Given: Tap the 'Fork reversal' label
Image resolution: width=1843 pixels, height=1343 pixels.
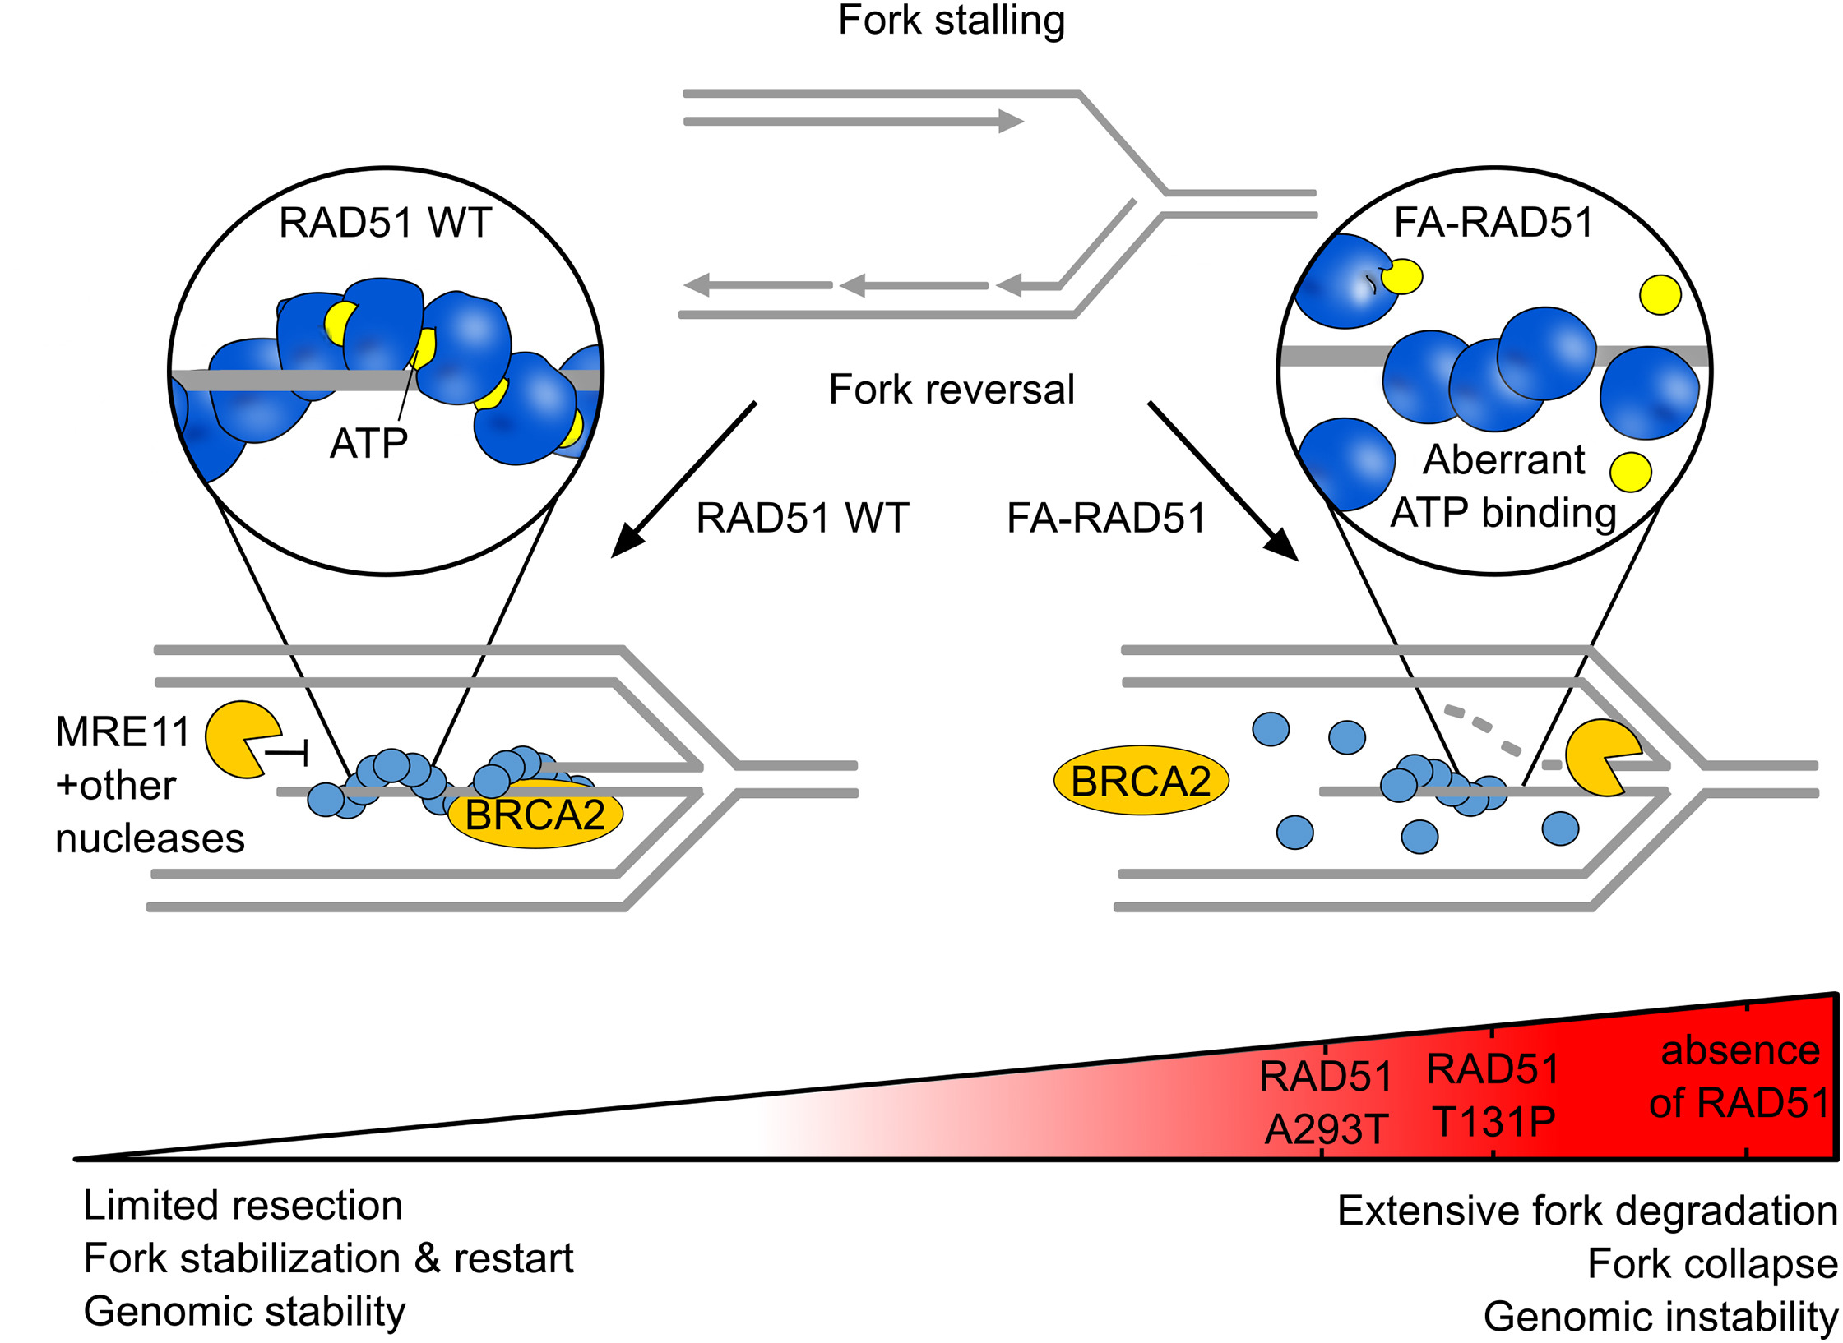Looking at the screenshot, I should (x=951, y=390).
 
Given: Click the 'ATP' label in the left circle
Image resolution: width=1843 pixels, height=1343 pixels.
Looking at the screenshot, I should (x=368, y=444).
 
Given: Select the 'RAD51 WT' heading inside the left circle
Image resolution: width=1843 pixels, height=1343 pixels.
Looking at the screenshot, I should (x=385, y=223).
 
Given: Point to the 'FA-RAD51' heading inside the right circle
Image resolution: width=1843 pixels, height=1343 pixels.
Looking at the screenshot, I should (x=1493, y=223).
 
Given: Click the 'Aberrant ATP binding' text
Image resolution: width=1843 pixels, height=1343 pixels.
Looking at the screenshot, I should (x=1503, y=486).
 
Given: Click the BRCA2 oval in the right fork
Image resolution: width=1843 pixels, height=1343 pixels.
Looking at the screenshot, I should (x=1141, y=781).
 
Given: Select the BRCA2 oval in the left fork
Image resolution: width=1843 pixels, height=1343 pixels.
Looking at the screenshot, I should (x=535, y=815).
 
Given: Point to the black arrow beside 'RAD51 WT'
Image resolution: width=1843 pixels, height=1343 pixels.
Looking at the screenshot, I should (x=683, y=481).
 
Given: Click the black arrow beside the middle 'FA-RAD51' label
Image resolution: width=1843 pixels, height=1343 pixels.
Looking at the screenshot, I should (x=1223, y=482).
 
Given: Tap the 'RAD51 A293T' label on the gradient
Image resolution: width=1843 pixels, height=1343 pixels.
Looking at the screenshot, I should (x=1326, y=1102).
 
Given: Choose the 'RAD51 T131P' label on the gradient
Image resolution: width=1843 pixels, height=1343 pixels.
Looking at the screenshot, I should (x=1493, y=1095).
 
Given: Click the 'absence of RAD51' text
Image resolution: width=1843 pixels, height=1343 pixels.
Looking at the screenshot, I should (x=1740, y=1077).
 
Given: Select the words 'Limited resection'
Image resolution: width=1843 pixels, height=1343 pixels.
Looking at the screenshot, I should (x=243, y=1206).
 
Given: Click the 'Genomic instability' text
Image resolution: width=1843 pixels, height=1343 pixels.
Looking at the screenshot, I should (x=1660, y=1317).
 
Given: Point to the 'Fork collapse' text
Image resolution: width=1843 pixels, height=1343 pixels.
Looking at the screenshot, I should (x=1712, y=1264).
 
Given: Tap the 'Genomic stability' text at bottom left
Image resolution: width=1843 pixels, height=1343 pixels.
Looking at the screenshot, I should (x=245, y=1312).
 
